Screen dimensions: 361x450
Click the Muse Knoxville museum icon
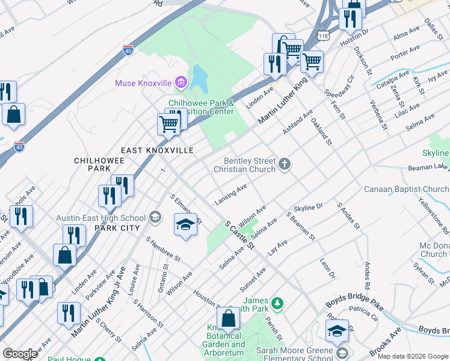pyautogui.click(x=180, y=82)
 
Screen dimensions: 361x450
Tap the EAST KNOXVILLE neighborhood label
pyautogui.click(x=157, y=150)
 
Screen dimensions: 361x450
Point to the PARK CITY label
pyautogui.click(x=117, y=228)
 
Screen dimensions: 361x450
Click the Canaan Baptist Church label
pyautogui.click(x=405, y=190)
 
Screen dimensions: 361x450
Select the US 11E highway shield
pyautogui.click(x=324, y=35)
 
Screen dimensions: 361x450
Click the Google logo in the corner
pyautogui.click(x=20, y=354)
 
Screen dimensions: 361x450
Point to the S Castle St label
pyautogui.click(x=239, y=235)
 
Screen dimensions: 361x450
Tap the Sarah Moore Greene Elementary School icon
pyautogui.click(x=342, y=352)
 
